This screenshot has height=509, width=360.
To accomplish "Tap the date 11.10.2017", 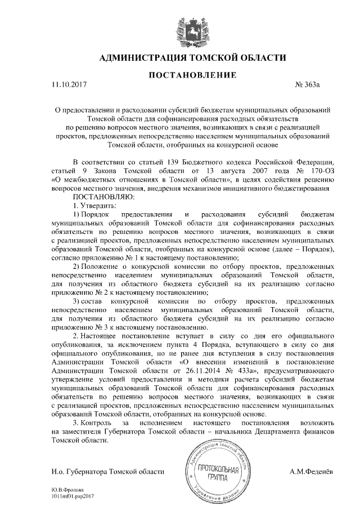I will [67, 84].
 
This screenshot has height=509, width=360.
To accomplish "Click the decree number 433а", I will [242, 372].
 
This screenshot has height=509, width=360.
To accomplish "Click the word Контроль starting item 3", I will [96, 422].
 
